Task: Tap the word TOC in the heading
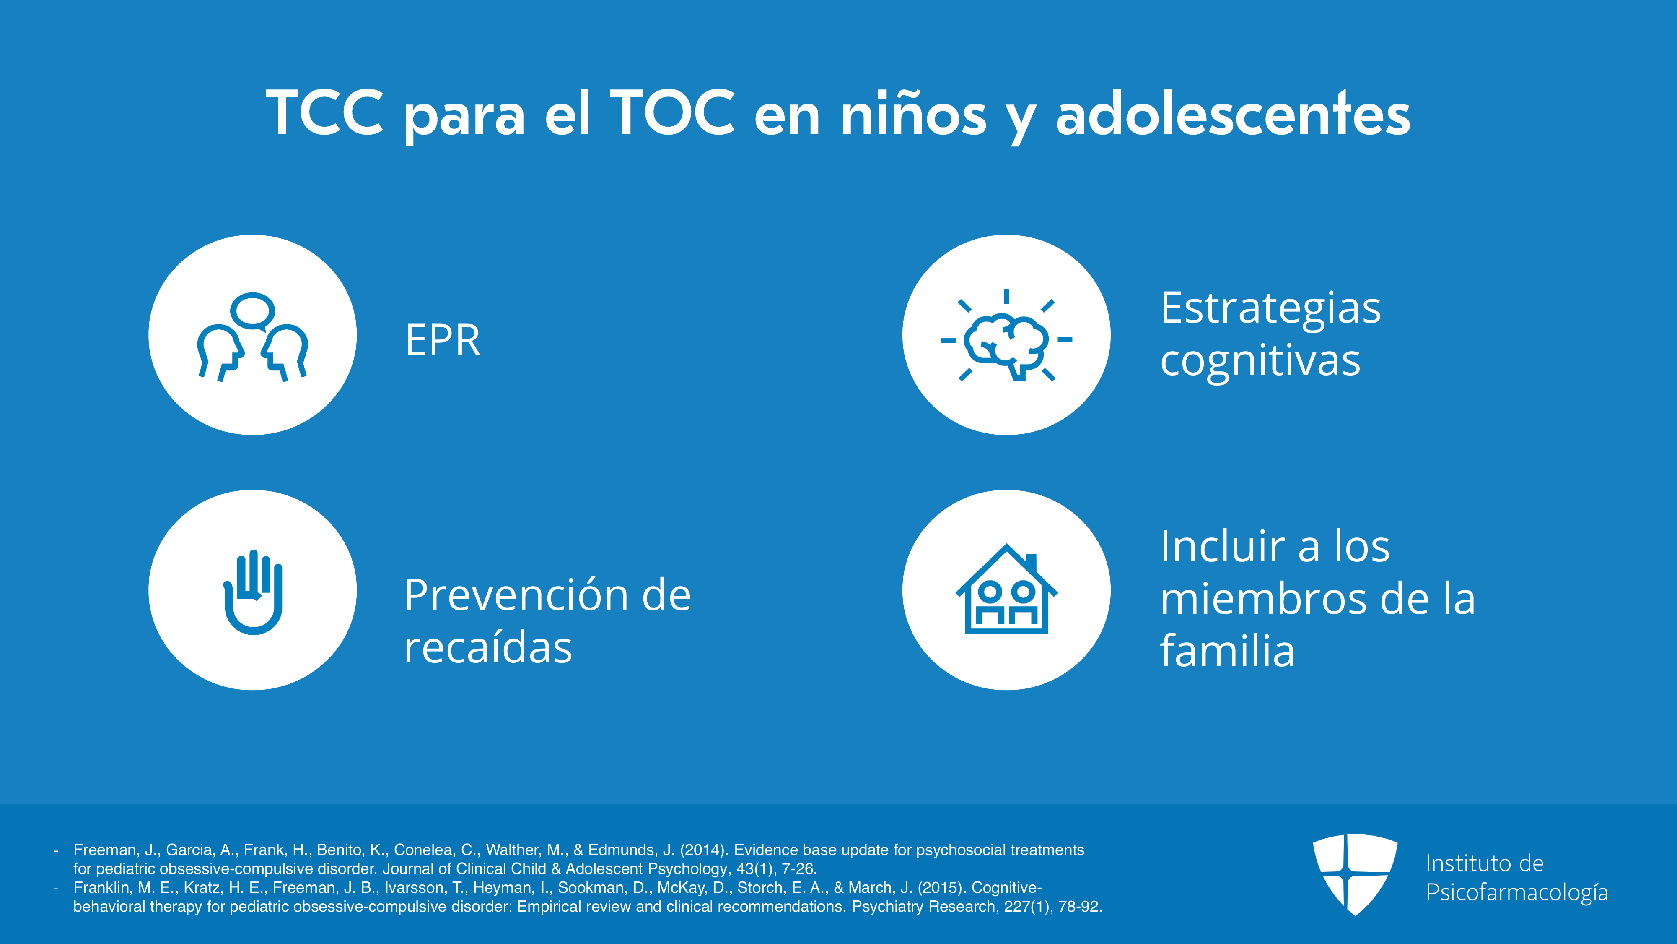pyautogui.click(x=672, y=113)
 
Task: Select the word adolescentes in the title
pyautogui.click(x=1232, y=113)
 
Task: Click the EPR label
pyautogui.click(x=443, y=340)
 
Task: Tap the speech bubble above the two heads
pyautogui.click(x=253, y=311)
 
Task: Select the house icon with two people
pyautogui.click(x=1006, y=588)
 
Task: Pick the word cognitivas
pyautogui.click(x=1260, y=360)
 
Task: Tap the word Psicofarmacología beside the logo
pyautogui.click(x=1517, y=892)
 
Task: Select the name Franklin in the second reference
pyautogui.click(x=101, y=887)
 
